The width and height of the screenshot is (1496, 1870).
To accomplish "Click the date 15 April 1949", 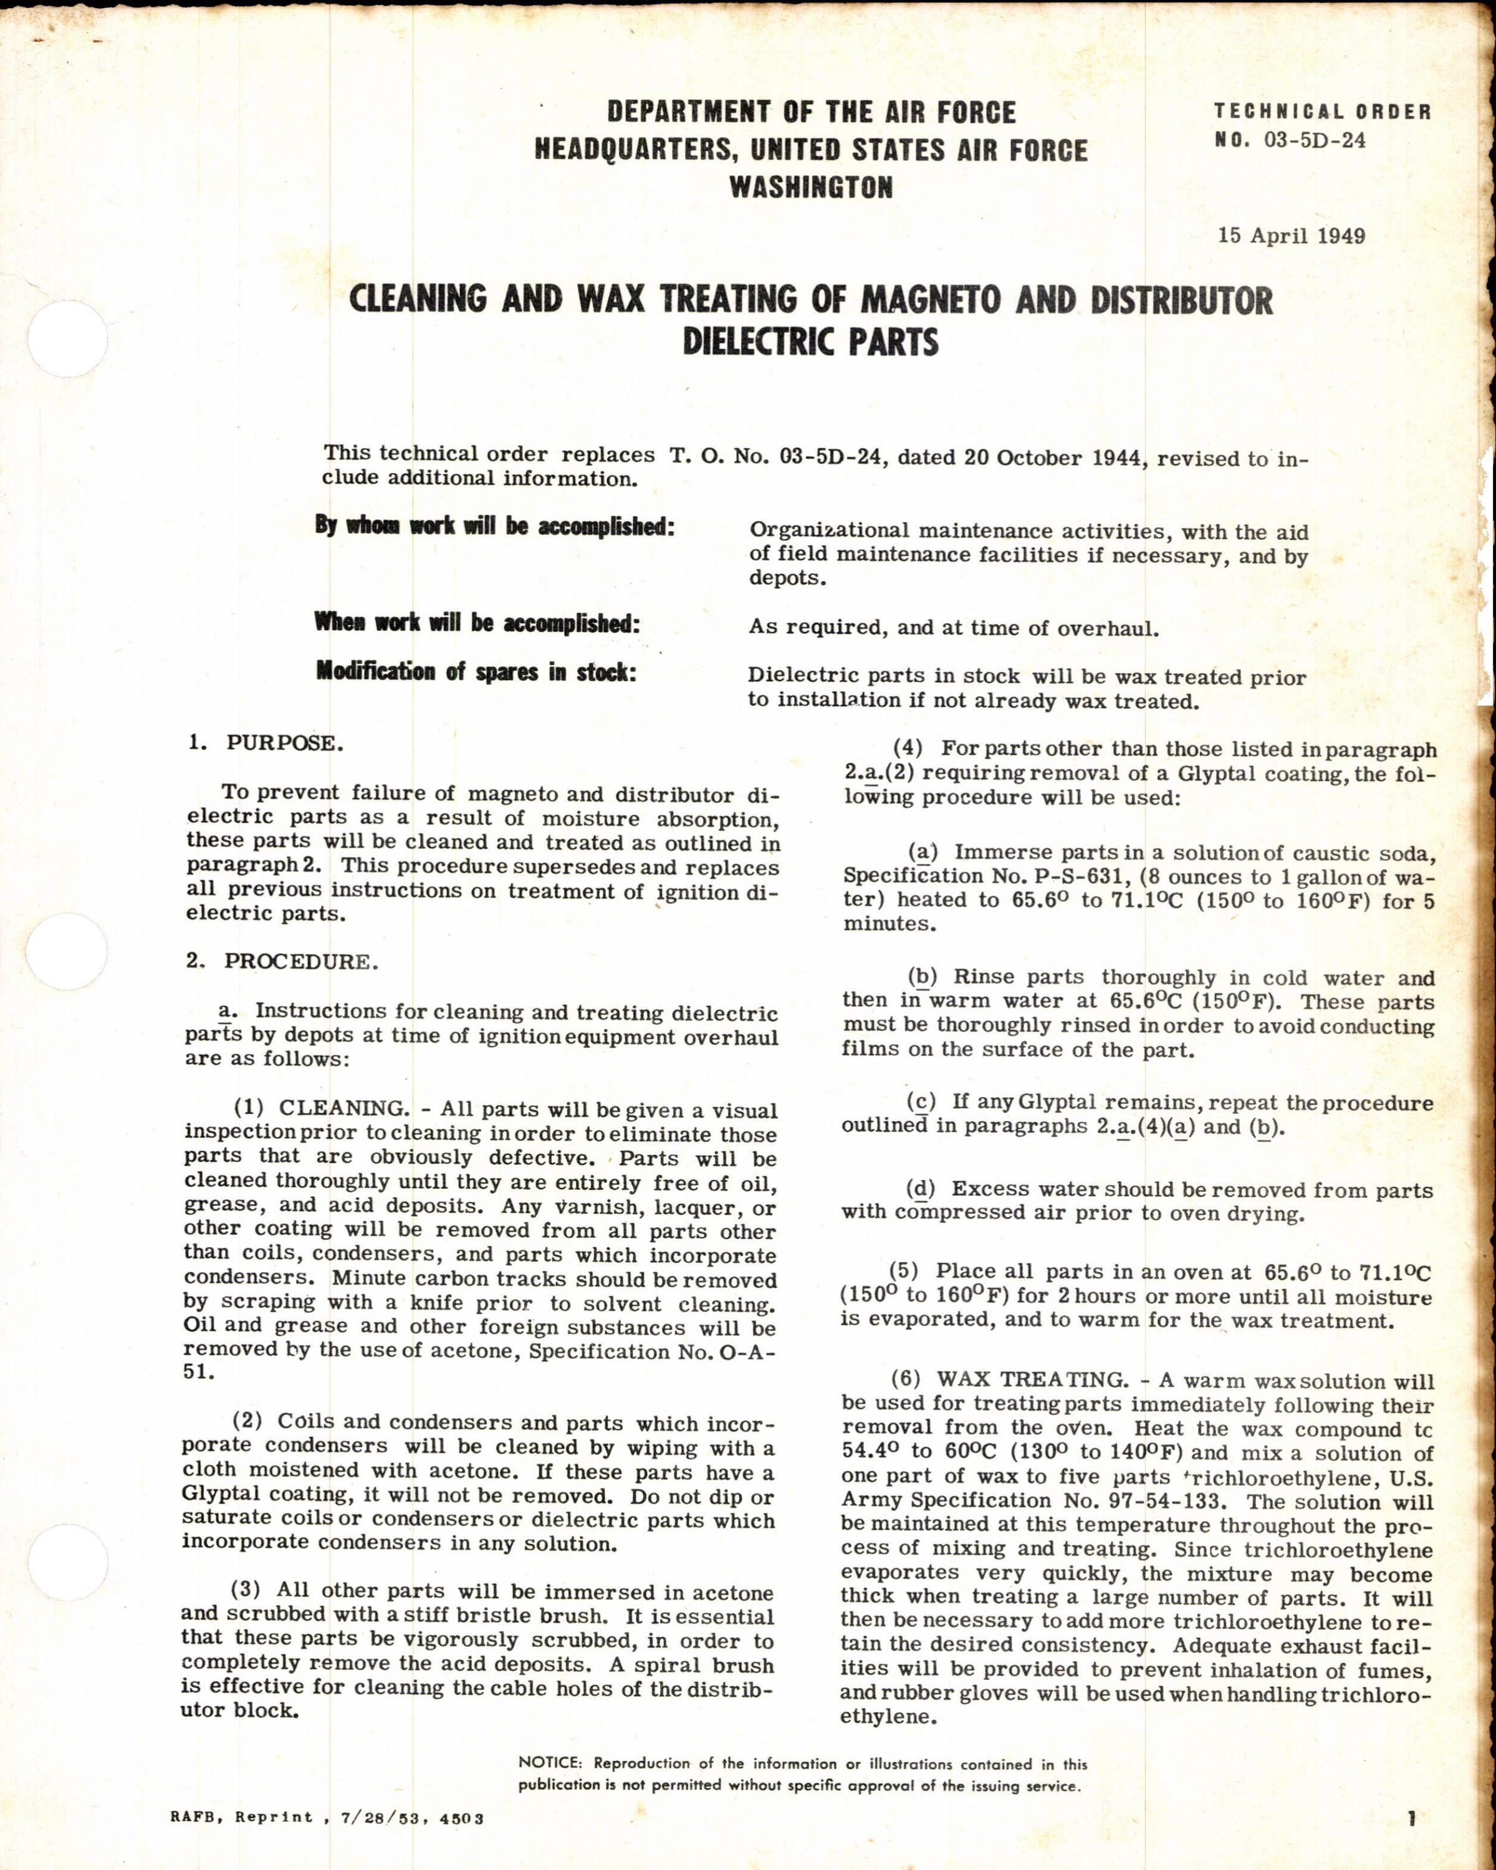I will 1292,236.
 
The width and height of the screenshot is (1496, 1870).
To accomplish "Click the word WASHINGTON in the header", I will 811,188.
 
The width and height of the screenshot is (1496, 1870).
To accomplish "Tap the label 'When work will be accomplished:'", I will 476,623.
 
